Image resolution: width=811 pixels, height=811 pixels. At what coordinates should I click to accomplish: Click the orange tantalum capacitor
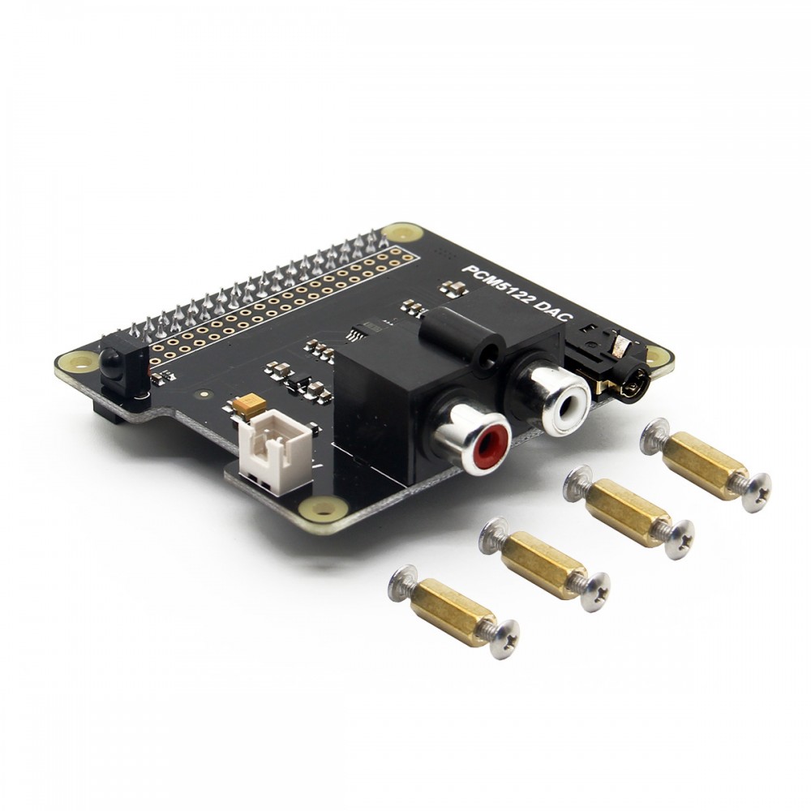click(x=249, y=405)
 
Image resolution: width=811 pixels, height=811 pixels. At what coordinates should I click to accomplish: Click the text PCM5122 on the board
click(x=496, y=286)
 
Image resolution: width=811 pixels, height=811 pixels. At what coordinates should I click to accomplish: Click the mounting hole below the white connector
click(x=323, y=509)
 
